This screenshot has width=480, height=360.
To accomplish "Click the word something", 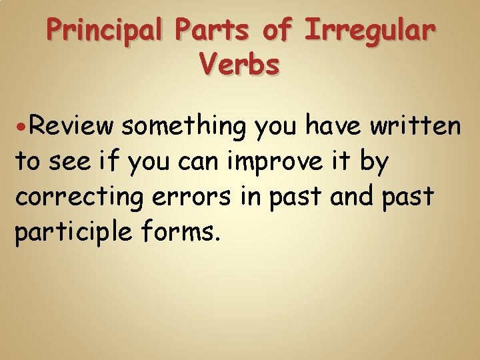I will tap(186, 125).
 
